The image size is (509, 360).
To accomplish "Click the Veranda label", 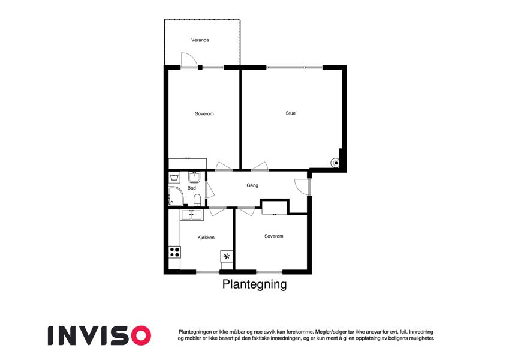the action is (x=200, y=40).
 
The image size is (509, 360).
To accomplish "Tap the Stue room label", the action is (x=291, y=113).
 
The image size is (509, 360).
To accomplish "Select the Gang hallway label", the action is (x=252, y=185).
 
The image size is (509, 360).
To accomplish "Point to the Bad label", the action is (x=191, y=188).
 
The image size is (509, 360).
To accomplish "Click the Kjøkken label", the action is (x=206, y=238).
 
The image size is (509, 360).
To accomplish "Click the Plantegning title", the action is (x=254, y=284).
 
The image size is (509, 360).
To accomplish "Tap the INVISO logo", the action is (x=100, y=335).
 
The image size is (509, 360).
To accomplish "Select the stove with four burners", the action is (x=174, y=252).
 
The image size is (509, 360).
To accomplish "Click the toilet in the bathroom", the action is (x=197, y=200).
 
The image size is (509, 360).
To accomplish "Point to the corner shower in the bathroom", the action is (x=176, y=196).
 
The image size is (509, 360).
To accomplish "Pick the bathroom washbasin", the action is (x=194, y=177).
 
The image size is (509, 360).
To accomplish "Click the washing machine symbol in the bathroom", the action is (x=174, y=178).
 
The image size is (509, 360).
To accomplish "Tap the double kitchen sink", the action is (x=192, y=215).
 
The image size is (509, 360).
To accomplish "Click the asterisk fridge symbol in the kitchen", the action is (x=227, y=256).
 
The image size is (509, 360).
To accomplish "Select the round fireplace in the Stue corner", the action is (x=335, y=163).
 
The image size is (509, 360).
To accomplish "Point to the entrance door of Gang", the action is (x=302, y=187).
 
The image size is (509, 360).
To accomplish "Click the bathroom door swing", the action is (x=210, y=190).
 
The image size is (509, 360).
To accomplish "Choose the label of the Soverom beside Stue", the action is (x=204, y=114).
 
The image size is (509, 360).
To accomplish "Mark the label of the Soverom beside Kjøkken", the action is (x=273, y=236).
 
